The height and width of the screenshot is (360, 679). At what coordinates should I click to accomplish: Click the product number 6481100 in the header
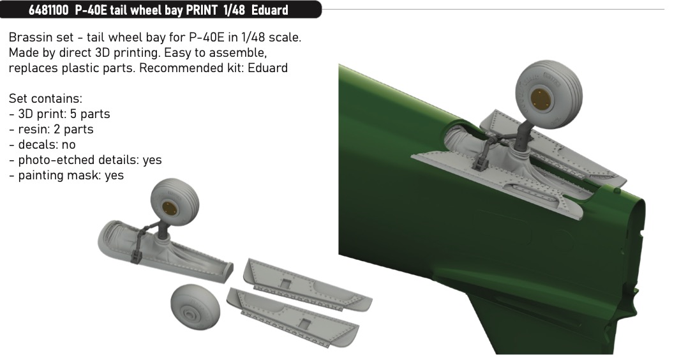click(x=48, y=10)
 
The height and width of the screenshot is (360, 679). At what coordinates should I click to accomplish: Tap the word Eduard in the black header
click(x=269, y=10)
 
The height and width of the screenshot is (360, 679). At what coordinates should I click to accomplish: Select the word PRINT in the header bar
click(x=202, y=10)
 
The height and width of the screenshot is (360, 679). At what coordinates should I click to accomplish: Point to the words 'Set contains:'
click(x=45, y=98)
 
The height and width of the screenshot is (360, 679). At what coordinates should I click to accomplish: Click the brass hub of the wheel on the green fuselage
click(x=541, y=99)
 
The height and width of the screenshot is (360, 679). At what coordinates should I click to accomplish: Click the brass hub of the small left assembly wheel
click(x=170, y=208)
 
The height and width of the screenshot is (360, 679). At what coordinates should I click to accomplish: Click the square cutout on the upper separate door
click(x=285, y=284)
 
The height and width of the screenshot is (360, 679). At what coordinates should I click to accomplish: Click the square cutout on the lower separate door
click(x=305, y=324)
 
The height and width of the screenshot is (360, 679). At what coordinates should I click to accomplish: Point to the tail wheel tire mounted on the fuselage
click(x=548, y=94)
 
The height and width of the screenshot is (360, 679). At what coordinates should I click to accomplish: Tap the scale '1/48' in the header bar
click(x=234, y=10)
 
